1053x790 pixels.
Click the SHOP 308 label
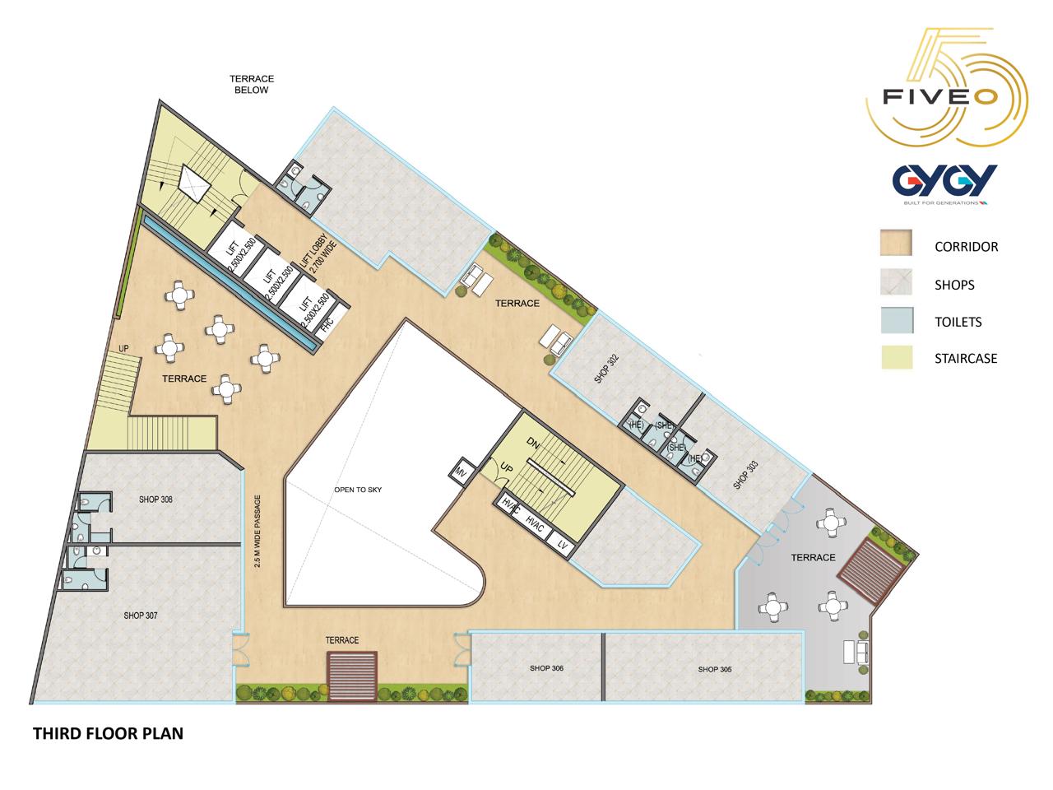[155, 500]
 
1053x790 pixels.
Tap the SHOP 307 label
[141, 616]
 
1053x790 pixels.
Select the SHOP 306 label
[546, 668]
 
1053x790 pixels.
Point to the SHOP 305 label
[715, 669]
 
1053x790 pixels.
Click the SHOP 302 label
[607, 369]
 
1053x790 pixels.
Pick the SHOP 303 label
[746, 475]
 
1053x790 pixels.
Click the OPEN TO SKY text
[358, 490]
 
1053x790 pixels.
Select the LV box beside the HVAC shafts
[562, 545]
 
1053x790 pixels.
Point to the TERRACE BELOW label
[252, 85]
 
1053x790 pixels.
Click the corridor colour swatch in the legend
[896, 242]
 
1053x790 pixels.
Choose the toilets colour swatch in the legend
[897, 320]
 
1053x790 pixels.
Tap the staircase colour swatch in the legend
[897, 357]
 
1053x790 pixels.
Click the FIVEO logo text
[940, 97]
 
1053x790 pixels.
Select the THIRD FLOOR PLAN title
[108, 733]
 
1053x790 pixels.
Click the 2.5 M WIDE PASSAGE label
[257, 532]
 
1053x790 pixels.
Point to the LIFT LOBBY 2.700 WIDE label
[318, 257]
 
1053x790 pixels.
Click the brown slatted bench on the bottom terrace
[352, 676]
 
